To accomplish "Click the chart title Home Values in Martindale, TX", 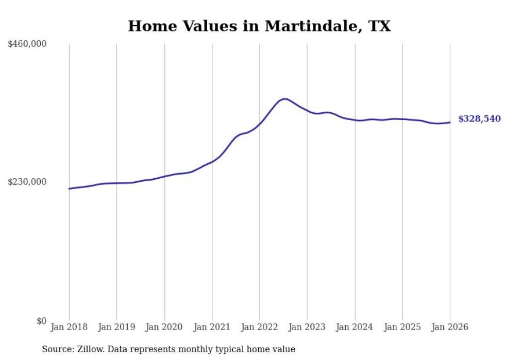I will pyautogui.click(x=259, y=26).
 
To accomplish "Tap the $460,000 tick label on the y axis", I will pyautogui.click(x=27, y=44).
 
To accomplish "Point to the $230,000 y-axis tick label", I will pyautogui.click(x=27, y=182).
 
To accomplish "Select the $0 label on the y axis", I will pyautogui.click(x=41, y=321).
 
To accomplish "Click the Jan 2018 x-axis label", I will pyautogui.click(x=69, y=328).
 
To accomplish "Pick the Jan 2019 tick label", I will pyautogui.click(x=116, y=328).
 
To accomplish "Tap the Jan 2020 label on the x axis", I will pyautogui.click(x=164, y=328).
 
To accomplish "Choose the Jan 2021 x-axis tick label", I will pyautogui.click(x=212, y=328).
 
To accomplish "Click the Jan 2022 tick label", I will pyautogui.click(x=260, y=328).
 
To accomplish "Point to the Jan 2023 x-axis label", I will pyautogui.click(x=307, y=328).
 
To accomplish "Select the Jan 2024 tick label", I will pyautogui.click(x=355, y=328).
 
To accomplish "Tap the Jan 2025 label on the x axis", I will pyautogui.click(x=402, y=328).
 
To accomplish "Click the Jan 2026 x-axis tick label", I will pyautogui.click(x=450, y=328).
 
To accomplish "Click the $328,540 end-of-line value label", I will pyautogui.click(x=479, y=119).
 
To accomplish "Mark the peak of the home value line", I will pyautogui.click(x=284, y=99).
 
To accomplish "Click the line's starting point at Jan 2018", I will pyautogui.click(x=69, y=188).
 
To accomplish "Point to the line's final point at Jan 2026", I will pyautogui.click(x=450, y=122).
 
